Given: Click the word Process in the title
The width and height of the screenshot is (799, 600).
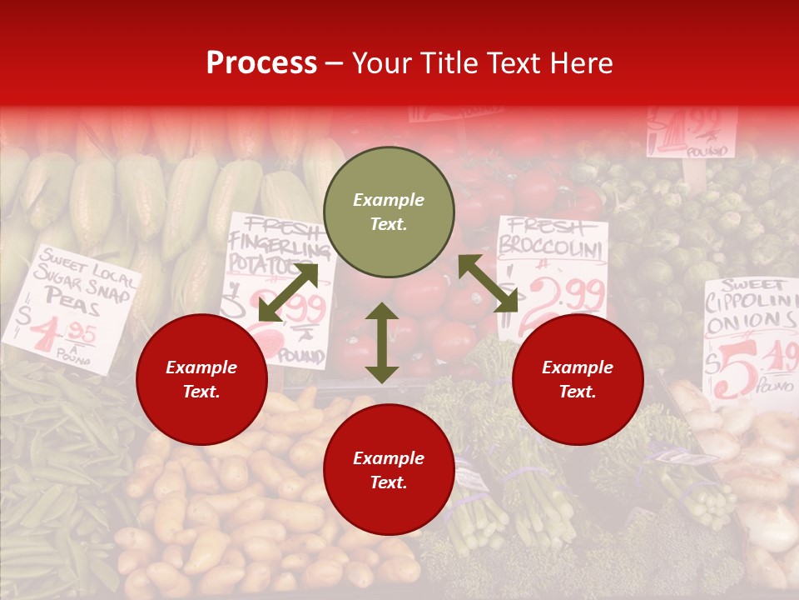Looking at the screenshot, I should [261, 62].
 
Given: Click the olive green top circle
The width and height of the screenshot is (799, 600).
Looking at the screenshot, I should [389, 212].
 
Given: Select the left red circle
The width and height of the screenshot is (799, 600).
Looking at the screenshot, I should [201, 379].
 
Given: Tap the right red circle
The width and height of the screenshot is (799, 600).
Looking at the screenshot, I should [578, 379].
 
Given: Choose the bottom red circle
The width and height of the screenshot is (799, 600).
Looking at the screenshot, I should [389, 470].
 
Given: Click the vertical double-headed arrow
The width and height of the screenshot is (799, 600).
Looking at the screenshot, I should [382, 342].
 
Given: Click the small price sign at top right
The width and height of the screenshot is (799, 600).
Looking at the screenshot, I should [691, 131].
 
